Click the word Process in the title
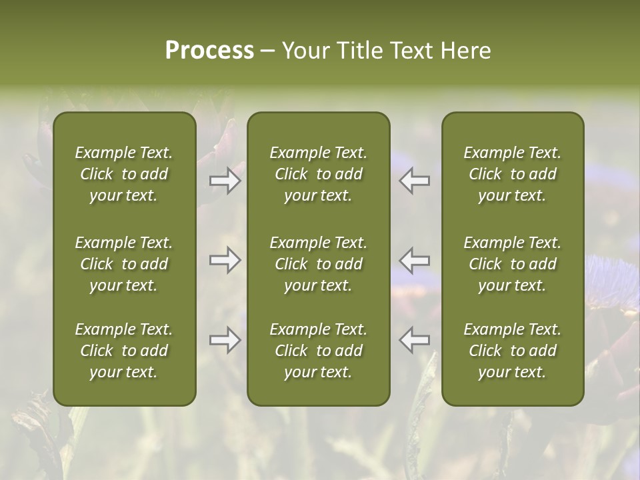(209, 51)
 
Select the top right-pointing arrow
(225, 181)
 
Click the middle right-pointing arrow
(225, 260)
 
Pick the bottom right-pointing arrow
(225, 340)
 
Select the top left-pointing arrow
(415, 181)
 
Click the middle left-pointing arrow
(415, 260)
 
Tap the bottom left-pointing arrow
(415, 340)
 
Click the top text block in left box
(124, 174)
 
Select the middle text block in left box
(124, 264)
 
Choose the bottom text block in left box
(124, 351)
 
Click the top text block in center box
(319, 174)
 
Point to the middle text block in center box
(319, 264)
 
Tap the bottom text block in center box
(319, 351)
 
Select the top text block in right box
(513, 174)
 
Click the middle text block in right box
(513, 264)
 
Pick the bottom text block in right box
(513, 351)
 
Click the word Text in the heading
(409, 51)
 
